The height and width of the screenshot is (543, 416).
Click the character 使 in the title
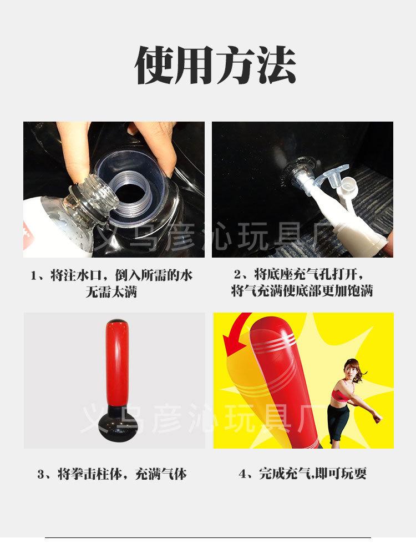click(156, 65)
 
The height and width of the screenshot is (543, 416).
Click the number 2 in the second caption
click(237, 275)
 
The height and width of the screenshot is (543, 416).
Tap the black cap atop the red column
click(114, 322)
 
